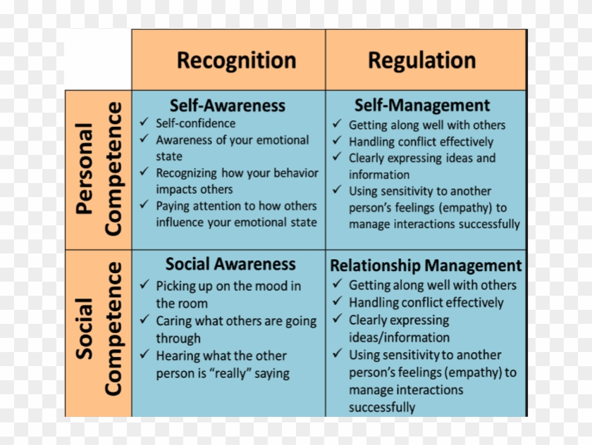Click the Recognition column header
tap(236, 61)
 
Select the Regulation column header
tap(421, 61)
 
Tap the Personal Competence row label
tap(99, 169)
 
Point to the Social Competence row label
tap(99, 329)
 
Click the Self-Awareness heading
tap(228, 106)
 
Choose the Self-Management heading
tap(421, 106)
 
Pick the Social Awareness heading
tap(230, 264)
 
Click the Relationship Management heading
tap(426, 265)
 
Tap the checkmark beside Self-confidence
tap(144, 123)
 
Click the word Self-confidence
tap(196, 123)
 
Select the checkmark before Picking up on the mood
tap(144, 285)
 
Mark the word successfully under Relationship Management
tap(382, 407)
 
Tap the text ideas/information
tap(399, 337)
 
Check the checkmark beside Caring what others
tap(144, 320)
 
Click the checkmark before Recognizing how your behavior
tap(144, 172)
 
